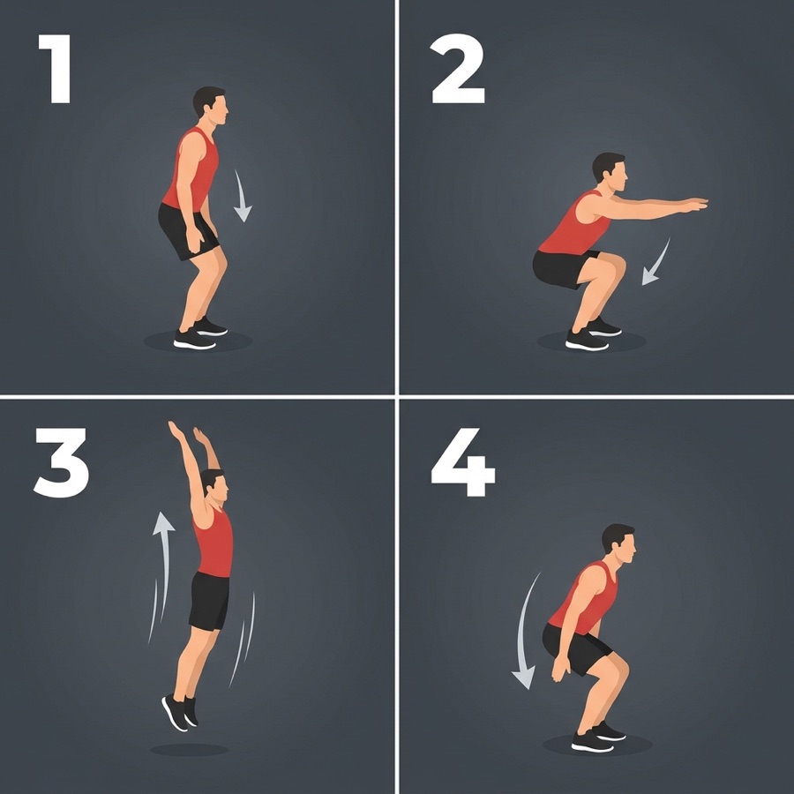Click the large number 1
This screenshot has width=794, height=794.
[x=56, y=69]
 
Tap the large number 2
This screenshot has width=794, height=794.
[x=458, y=69]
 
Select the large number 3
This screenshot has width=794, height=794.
[x=61, y=462]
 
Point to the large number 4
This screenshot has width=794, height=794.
[x=462, y=462]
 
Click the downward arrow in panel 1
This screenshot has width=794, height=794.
[x=242, y=198]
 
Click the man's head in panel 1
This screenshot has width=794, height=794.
[x=210, y=105]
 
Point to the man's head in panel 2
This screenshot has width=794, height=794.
[x=610, y=172]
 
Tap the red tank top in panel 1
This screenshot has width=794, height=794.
[x=191, y=169]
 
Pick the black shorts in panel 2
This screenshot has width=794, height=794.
[x=565, y=268]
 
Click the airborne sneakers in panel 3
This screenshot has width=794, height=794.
[x=180, y=713]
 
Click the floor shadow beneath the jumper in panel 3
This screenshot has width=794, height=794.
[x=190, y=750]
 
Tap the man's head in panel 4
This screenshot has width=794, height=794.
[x=618, y=543]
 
